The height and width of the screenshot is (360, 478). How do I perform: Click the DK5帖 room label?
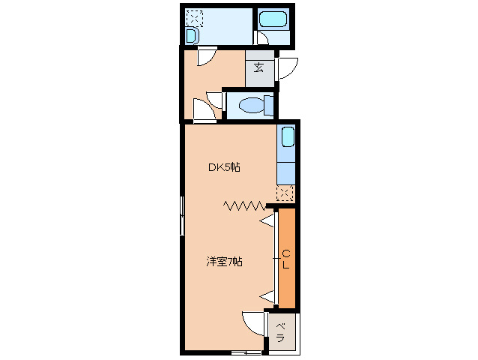coord(224,167)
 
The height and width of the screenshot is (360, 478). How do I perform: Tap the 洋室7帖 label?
coord(224,262)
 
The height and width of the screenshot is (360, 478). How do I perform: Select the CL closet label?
coord(286,259)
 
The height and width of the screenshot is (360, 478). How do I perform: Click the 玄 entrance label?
coord(258,68)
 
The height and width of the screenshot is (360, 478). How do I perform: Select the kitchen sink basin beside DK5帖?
coord(287,138)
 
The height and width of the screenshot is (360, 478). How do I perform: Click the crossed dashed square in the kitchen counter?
coord(285,193)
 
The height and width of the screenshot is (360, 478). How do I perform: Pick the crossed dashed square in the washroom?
coord(194,17)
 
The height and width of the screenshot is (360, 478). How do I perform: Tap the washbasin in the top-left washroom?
coord(192,36)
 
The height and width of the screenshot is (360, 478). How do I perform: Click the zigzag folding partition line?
coord(244,205)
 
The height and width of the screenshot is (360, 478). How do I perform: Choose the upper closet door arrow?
coord(268,220)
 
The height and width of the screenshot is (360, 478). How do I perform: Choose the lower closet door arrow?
coord(267,298)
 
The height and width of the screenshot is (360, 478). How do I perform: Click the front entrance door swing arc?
coord(288,68)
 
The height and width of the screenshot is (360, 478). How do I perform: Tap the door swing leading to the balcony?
coord(255,323)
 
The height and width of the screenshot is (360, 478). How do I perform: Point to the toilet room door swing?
coord(214,100)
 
